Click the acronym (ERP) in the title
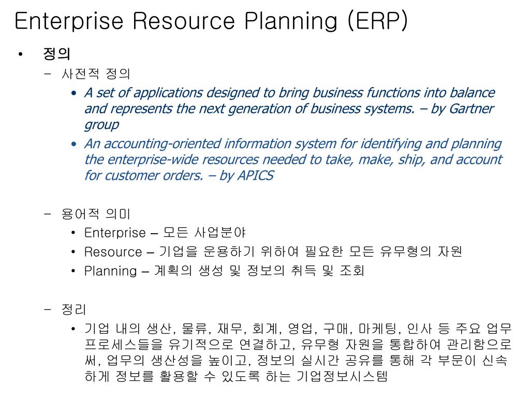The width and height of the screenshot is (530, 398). (377, 21)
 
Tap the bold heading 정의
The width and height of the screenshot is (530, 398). (57, 53)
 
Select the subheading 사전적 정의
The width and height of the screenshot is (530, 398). (96, 74)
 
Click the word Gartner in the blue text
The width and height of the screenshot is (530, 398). (472, 109)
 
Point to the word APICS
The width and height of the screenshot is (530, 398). (256, 175)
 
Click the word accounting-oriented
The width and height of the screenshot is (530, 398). (163, 144)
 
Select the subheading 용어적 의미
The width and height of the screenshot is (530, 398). (96, 214)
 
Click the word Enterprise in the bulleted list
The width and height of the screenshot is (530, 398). (115, 233)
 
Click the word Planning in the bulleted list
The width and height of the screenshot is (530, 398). (111, 271)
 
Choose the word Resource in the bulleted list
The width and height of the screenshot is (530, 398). (113, 252)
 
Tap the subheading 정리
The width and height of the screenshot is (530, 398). (73, 309)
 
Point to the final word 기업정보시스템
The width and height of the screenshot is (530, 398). (342, 376)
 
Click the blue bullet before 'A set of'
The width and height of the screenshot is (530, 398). (74, 93)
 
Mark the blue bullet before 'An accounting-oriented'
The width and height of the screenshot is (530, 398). (74, 144)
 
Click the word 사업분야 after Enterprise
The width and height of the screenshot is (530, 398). (220, 233)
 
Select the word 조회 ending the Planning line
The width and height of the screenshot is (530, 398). (351, 271)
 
